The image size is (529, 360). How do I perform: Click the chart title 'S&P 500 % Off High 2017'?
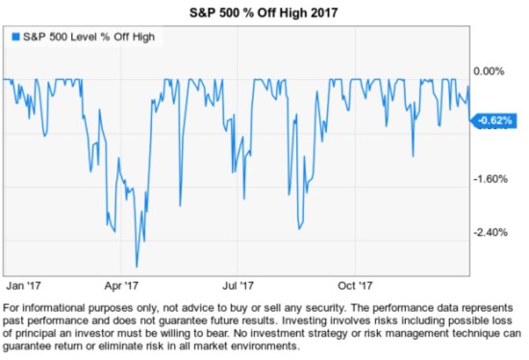(264, 11)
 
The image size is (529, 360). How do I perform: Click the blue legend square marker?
(14, 37)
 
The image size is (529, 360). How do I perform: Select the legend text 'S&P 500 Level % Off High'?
(88, 37)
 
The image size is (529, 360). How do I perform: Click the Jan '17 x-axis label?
(23, 285)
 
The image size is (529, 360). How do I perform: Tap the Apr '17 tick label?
(121, 285)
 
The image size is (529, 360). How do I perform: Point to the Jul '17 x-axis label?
(239, 285)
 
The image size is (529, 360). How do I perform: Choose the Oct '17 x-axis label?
(357, 285)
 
